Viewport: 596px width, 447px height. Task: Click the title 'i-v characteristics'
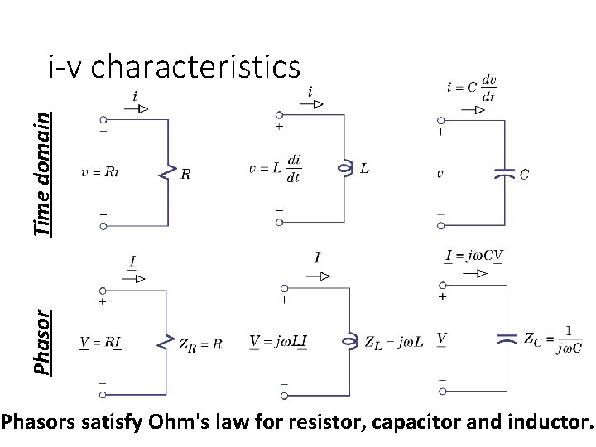[x=174, y=67]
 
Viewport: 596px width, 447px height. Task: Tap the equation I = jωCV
[x=474, y=255]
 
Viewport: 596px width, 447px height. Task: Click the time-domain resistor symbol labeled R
[x=169, y=173]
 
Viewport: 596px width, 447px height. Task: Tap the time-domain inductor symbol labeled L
[x=344, y=168]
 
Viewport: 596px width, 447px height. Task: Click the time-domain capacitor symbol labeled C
[x=502, y=174]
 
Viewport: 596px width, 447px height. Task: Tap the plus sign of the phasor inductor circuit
[x=284, y=301]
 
